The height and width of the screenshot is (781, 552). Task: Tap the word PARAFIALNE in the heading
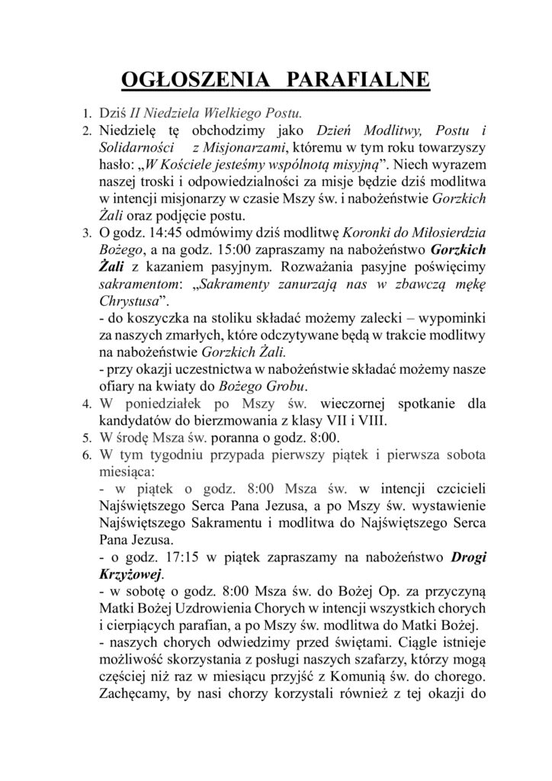point(364,81)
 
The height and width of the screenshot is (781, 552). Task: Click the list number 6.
point(87,455)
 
